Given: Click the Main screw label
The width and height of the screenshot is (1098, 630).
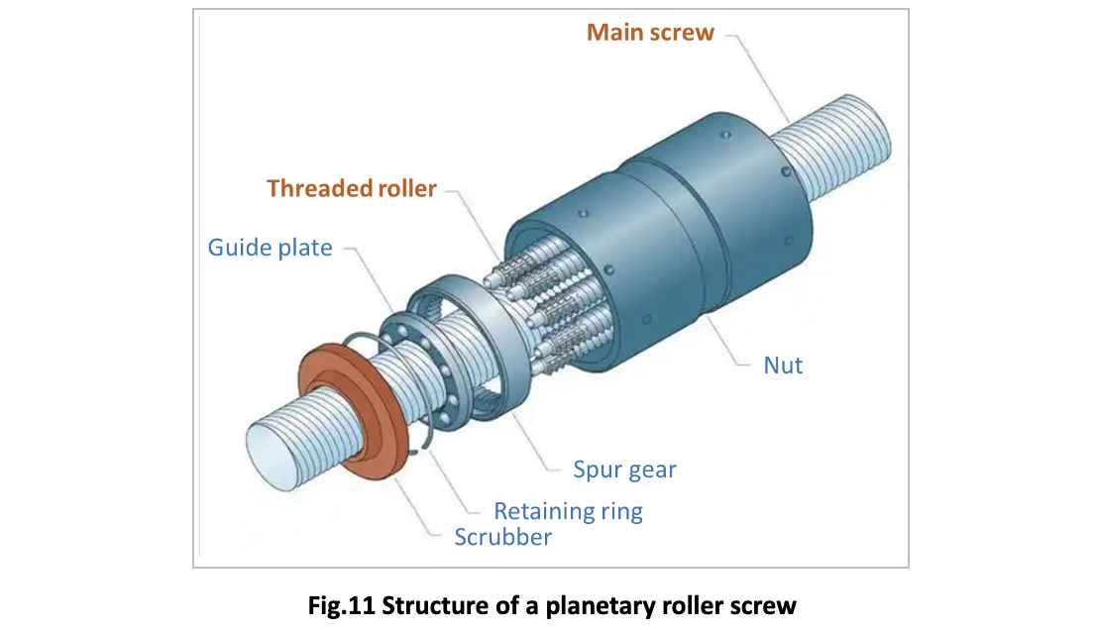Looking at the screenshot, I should tap(650, 33).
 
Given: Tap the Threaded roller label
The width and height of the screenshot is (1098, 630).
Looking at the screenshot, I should tap(352, 188).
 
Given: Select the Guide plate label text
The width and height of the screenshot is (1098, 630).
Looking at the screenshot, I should tap(270, 247).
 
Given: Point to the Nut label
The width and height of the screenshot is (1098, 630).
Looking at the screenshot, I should tap(783, 365).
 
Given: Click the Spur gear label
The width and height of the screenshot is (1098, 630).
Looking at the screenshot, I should tap(624, 470).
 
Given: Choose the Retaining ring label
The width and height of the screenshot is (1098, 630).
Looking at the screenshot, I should tap(568, 511).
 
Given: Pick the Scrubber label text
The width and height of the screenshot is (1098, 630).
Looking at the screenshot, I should tap(502, 537).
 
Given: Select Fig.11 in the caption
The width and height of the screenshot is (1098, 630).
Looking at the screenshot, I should tap(343, 605).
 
